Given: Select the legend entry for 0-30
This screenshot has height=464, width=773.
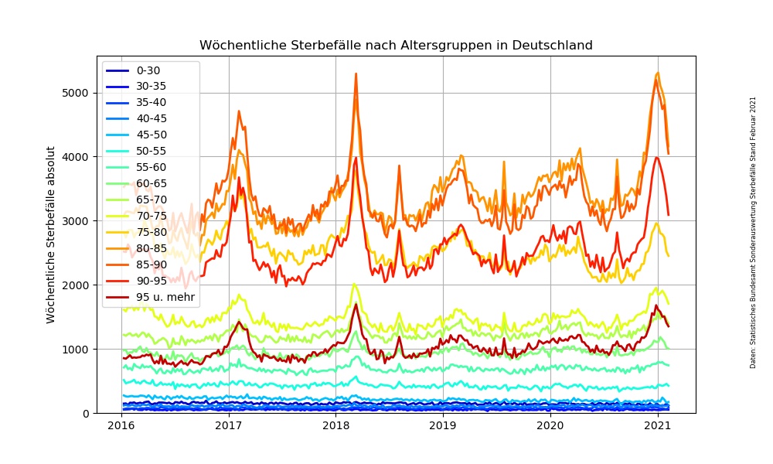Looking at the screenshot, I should [148, 70].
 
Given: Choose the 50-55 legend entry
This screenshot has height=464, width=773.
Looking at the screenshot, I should [151, 151].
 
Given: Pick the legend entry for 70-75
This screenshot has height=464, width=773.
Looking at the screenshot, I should [151, 216].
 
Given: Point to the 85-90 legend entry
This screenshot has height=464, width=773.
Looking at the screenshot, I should [151, 264].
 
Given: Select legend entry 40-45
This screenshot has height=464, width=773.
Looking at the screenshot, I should [151, 118].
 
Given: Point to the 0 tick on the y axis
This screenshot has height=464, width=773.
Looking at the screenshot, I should [87, 413].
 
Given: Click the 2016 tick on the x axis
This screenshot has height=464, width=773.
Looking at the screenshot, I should [121, 425].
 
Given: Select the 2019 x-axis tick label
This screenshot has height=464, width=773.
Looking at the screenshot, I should [443, 425].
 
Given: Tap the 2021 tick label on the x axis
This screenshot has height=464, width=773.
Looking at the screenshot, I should [657, 425].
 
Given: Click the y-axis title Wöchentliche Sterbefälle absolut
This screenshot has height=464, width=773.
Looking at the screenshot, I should [51, 234].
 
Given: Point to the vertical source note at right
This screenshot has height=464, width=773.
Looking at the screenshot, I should [752, 232].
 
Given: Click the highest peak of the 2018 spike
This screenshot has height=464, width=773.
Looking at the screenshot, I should [356, 73].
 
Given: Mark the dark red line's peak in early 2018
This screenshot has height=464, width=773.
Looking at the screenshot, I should [356, 304].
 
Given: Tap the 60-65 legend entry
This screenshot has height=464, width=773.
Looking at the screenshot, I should [151, 183].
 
